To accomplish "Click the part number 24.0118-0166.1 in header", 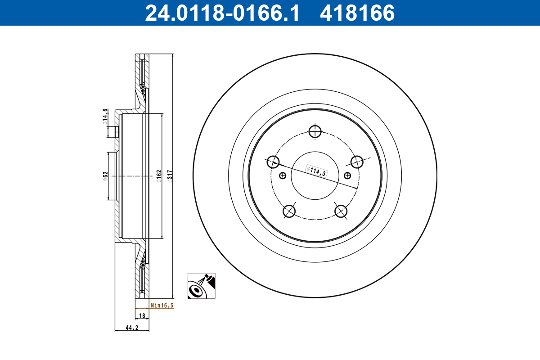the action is point(221,13).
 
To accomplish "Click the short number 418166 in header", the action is point(357,13).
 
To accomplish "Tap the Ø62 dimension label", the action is point(104,175).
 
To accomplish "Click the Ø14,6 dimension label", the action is point(104,115).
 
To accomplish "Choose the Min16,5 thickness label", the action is point(162,305).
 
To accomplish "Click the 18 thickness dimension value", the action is point(142,316).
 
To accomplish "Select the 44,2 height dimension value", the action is point(131,328).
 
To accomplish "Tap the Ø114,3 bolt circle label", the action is point(316,171).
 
